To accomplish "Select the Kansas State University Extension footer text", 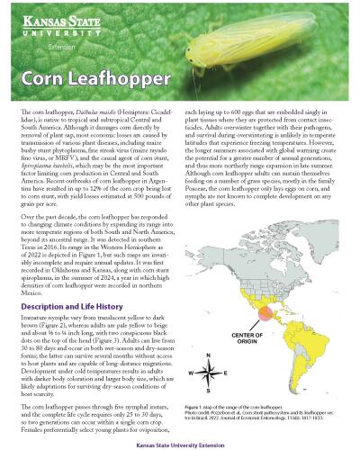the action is (x=180, y=443).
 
